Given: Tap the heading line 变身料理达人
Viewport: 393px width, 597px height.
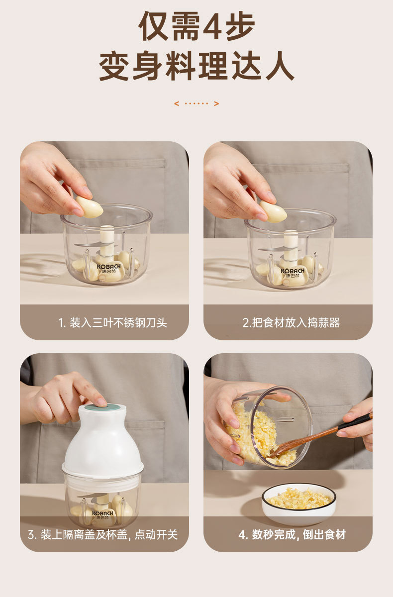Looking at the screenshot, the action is coord(196,66).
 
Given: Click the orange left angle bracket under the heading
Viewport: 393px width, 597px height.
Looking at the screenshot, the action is coord(177,103).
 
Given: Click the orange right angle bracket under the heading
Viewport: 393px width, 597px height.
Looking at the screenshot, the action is coord(216,103).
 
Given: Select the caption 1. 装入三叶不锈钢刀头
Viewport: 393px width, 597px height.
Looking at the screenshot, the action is coord(113,323).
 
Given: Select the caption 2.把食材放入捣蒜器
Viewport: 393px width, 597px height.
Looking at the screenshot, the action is coord(291,323).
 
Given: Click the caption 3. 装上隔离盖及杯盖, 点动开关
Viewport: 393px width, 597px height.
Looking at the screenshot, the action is coord(103,535).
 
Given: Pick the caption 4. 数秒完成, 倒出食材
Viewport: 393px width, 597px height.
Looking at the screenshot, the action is coord(292,535).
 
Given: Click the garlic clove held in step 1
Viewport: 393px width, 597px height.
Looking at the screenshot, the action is coord(89,207).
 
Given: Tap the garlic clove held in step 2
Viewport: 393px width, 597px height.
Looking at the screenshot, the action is coord(273,211).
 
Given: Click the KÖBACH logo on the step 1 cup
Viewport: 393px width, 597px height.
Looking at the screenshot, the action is coord(109,268).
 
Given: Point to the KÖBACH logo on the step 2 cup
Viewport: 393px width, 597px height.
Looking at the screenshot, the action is coord(293,273).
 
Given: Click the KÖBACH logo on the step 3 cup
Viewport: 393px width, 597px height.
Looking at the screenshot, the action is coord(102,514).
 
